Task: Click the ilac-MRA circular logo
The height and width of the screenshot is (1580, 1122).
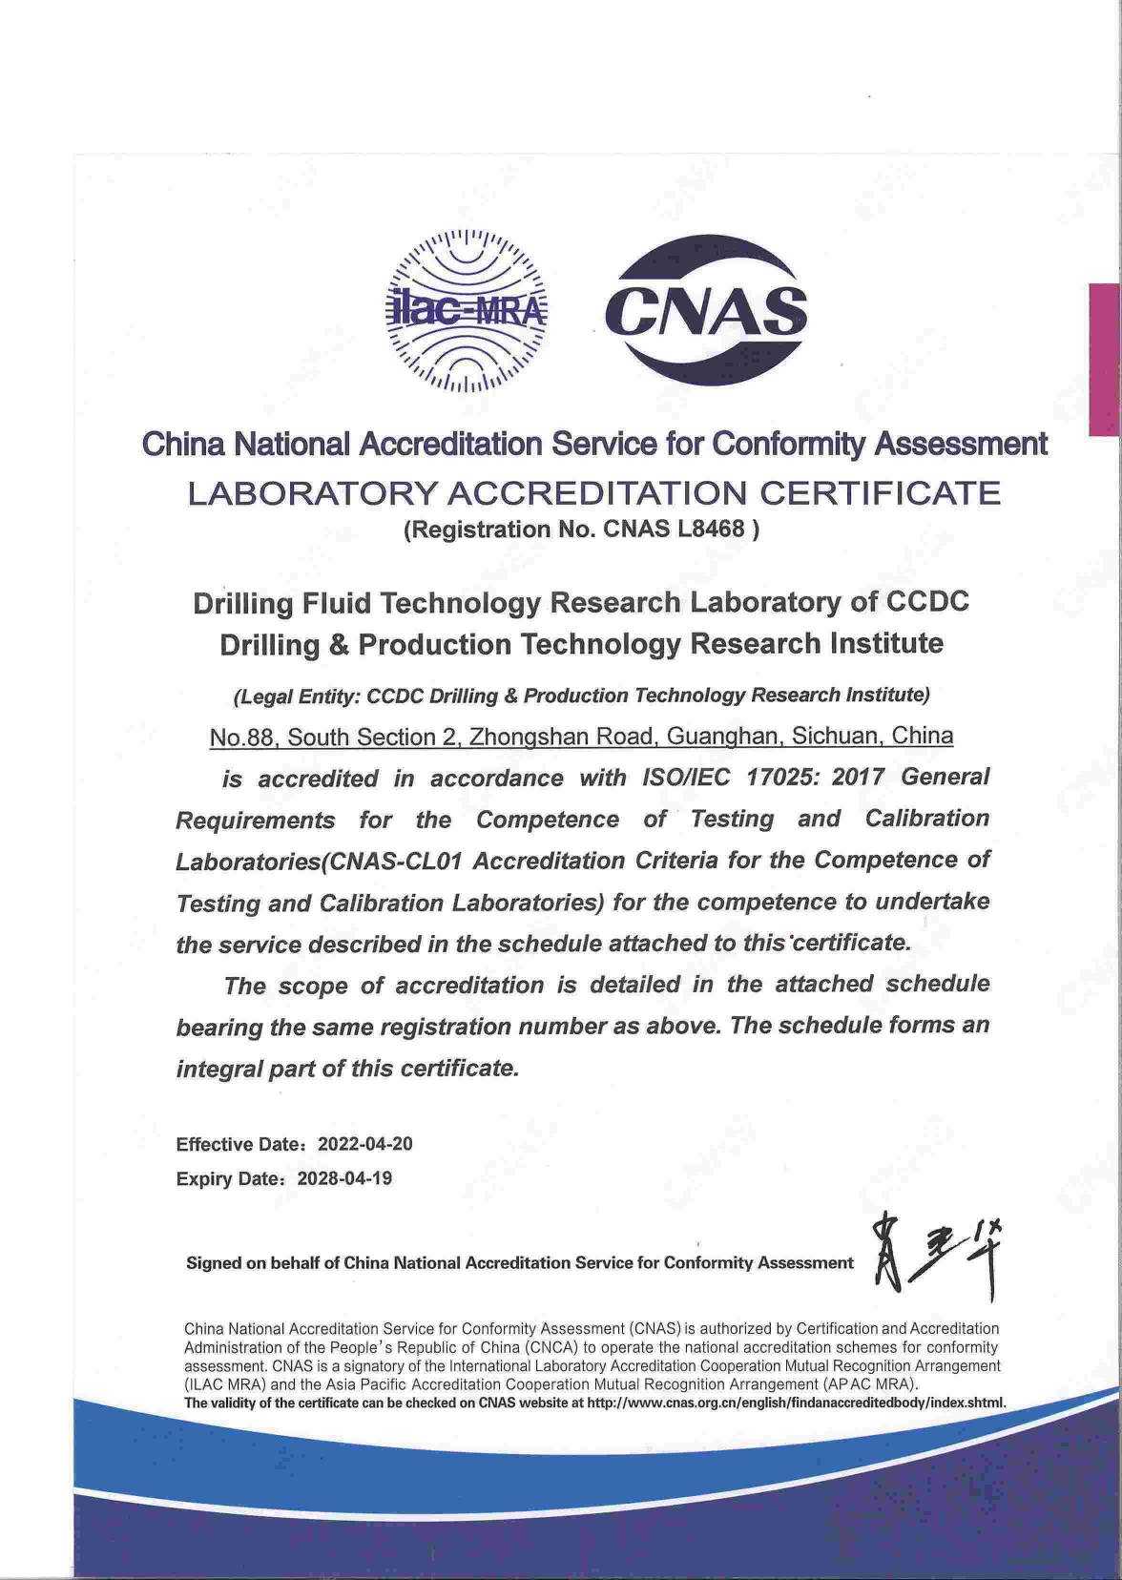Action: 467,312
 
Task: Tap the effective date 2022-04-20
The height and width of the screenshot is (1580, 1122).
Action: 364,1144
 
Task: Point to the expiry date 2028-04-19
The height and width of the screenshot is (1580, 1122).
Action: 344,1178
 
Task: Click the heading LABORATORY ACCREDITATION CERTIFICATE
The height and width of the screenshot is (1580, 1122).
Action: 593,493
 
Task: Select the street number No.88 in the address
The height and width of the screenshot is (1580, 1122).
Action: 243,738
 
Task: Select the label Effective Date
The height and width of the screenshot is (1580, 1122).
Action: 240,1144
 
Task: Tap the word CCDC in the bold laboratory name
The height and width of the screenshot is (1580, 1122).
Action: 927,603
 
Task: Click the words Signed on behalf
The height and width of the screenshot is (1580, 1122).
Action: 252,1263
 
